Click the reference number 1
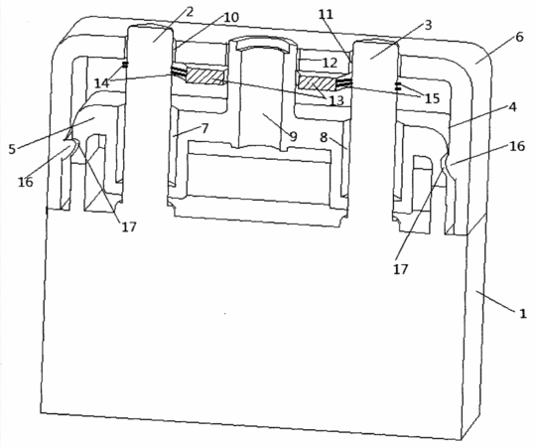point(523,314)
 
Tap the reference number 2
point(190,12)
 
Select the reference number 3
point(428,25)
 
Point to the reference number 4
point(512,107)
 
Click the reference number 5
point(12,149)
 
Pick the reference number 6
point(519,37)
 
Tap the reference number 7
point(204,128)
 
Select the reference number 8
point(324,137)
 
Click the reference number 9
point(293,136)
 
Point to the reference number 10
point(231,17)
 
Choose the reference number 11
point(326,14)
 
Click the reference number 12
point(330,63)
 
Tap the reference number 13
point(336,100)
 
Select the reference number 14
point(102,82)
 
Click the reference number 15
point(432,98)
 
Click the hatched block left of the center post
point(205,76)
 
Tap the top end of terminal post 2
point(151,27)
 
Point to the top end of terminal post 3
point(375,43)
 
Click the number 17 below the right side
point(401,269)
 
